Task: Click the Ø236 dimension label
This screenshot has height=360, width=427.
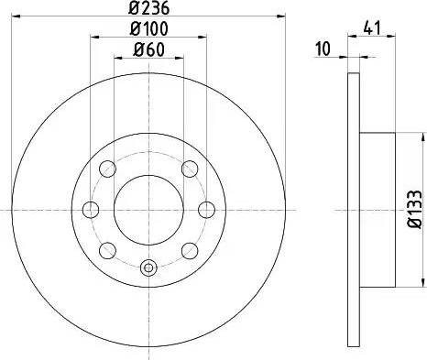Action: click(148, 11)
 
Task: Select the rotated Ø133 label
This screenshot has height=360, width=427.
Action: click(412, 210)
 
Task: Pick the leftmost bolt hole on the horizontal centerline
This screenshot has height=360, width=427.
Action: click(90, 210)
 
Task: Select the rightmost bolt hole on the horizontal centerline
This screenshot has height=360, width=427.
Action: click(206, 210)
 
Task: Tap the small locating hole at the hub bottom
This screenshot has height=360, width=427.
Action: click(148, 268)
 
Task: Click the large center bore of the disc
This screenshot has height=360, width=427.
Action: click(148, 210)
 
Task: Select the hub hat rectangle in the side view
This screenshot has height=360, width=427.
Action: click(378, 210)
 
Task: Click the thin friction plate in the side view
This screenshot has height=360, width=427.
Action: click(354, 210)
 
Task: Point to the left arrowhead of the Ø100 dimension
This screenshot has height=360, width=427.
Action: click(93, 37)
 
